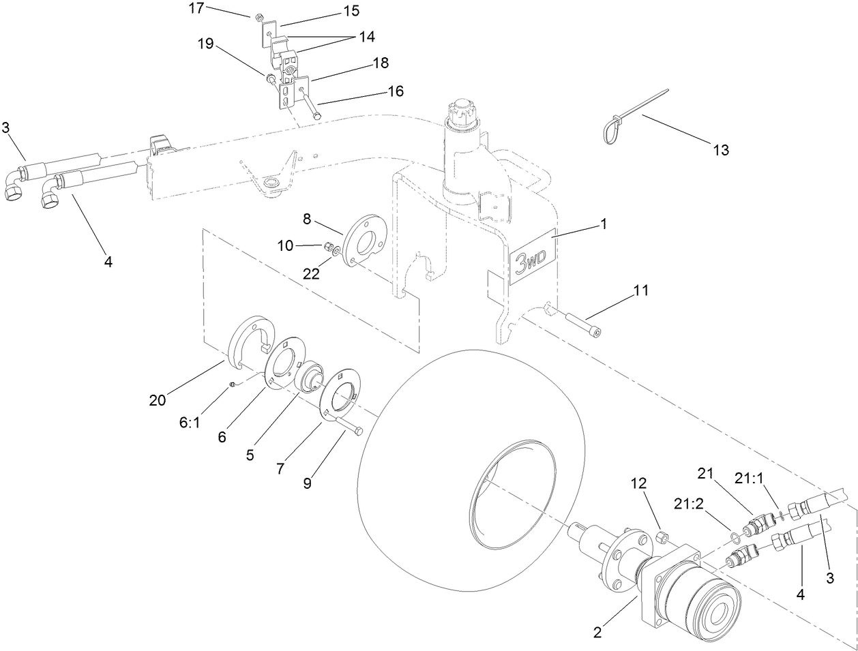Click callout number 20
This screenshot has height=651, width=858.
(x=158, y=402)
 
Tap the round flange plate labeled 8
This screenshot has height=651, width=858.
(x=364, y=241)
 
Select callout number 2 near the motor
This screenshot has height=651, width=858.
(x=597, y=632)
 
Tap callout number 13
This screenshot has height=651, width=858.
(x=720, y=150)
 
